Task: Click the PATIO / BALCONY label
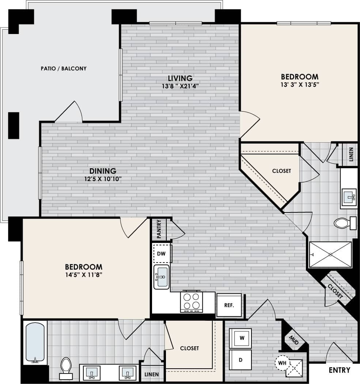pos(64,68)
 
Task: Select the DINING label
pos(103,171)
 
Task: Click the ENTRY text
pos(340,370)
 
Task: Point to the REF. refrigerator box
pos(229,305)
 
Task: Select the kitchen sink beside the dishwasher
pos(161,277)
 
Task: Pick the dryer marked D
pos(240,360)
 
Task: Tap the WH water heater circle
pos(282,363)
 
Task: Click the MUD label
pos(293,340)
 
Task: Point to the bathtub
pos(35,342)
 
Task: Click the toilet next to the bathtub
pos(66,367)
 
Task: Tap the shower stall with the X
pos(330,255)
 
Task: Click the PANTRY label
pos(159,229)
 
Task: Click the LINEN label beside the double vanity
pos(152,374)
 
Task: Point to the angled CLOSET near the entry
pos(335,291)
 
